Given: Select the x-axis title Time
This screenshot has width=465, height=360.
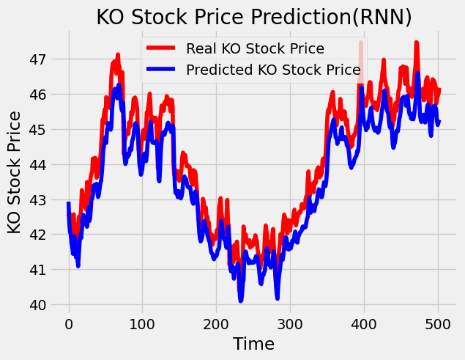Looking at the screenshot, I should click(x=253, y=344).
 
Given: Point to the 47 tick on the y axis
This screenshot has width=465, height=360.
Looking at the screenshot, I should click(x=37, y=59).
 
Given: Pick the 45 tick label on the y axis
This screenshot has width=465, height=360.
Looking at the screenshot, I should click(x=37, y=129).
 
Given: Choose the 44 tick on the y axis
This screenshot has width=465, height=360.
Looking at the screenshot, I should click(x=37, y=164).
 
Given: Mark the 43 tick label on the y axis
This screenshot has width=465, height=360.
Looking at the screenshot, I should click(x=37, y=199).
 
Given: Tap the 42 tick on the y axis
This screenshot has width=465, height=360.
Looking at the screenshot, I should click(x=37, y=235).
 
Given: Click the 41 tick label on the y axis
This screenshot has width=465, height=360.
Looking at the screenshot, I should click(x=37, y=270).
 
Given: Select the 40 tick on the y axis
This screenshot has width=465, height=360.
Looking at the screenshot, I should click(x=37, y=305).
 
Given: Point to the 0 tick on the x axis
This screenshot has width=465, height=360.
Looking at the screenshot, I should click(x=69, y=325).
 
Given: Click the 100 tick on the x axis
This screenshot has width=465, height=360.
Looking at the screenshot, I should click(x=143, y=325).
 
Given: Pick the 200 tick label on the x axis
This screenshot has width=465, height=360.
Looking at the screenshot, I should click(x=217, y=325).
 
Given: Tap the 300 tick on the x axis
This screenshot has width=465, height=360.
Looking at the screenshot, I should click(x=291, y=325).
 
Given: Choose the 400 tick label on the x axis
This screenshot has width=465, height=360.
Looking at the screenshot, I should click(x=364, y=325).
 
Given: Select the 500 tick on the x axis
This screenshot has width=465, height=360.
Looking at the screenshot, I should click(x=438, y=325).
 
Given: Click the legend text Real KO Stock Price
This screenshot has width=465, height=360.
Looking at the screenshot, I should click(x=255, y=49).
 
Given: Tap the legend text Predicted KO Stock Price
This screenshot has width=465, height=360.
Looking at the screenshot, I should click(x=273, y=70).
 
